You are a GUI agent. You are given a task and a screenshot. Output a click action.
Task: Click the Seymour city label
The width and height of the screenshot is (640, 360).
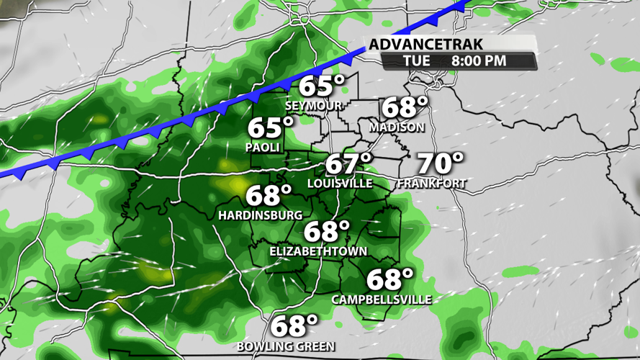point(314,106)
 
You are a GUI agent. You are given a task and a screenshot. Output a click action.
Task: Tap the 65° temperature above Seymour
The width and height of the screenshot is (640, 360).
point(321,86)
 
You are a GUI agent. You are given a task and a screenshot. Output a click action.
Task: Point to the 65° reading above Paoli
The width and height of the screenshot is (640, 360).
point(271,128)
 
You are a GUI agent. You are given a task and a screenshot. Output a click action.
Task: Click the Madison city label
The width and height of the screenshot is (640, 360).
point(397,127)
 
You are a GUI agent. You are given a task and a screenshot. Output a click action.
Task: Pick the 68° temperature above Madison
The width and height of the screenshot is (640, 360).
point(404,108)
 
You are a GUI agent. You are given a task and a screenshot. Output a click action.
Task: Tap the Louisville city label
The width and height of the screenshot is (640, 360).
point(340,184)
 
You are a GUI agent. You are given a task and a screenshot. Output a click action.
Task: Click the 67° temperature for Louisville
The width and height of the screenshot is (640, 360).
point(349,164)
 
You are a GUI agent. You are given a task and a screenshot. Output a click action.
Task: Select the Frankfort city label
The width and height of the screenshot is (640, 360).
point(432,184)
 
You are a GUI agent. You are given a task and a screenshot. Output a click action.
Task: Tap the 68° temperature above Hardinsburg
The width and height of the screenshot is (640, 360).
point(269,195)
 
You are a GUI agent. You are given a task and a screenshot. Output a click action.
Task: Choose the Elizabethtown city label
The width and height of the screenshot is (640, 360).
point(318,251)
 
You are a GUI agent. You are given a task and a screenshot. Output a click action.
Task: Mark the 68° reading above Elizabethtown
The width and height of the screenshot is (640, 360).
point(326,232)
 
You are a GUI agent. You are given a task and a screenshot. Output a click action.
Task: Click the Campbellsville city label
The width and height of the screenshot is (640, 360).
point(382,299)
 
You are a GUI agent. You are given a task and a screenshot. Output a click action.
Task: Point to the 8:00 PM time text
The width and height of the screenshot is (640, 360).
point(479,61)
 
